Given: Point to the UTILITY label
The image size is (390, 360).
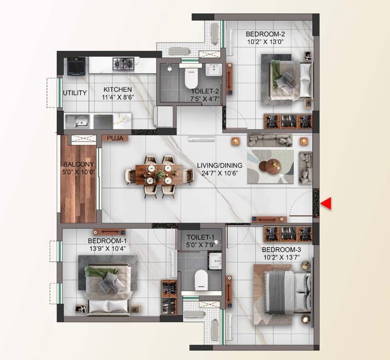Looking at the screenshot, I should click(75, 93).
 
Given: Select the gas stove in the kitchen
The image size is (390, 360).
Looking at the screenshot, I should click(123, 64).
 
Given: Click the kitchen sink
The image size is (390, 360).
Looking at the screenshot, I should click(81, 121).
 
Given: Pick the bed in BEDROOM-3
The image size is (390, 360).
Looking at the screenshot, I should click(284, 291).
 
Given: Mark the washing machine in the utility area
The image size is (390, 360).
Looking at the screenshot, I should click(76, 67).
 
